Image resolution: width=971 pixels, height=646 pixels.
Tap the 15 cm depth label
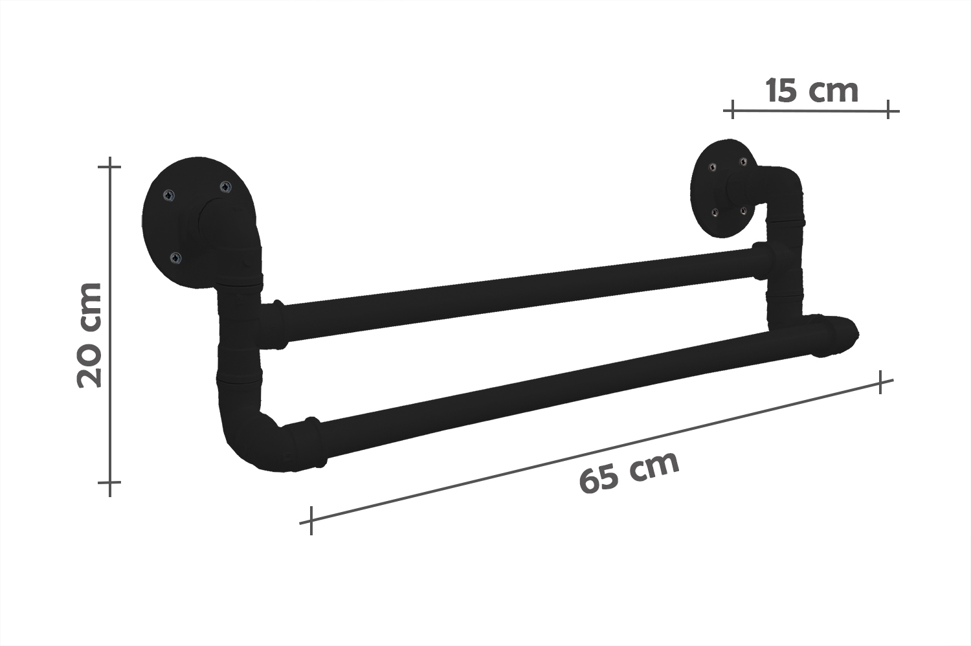click(812, 91)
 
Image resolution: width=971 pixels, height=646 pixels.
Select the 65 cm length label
click(629, 472)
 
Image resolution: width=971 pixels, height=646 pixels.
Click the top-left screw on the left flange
click(169, 194)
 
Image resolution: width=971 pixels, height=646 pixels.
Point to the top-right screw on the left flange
click(225, 187)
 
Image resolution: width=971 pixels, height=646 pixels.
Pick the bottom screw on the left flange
click(175, 258)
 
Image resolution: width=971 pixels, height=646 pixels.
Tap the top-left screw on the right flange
click(712, 168)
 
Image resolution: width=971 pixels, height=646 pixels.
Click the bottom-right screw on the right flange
click(743, 210)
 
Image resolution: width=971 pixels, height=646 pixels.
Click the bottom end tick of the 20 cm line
click(110, 482)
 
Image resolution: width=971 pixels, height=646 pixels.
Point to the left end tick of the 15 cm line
click(732, 110)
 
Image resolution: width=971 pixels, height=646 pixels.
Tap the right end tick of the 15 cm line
click(889, 110)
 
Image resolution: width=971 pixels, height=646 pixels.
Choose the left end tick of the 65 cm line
click(311, 520)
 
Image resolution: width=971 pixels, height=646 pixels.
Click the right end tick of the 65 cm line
click(880, 382)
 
